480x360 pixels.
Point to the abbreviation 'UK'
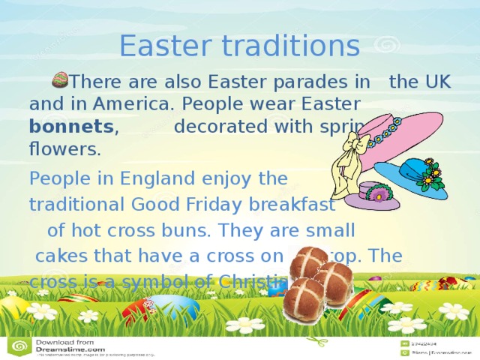tap(435, 82)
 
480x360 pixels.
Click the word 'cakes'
tap(61, 256)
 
